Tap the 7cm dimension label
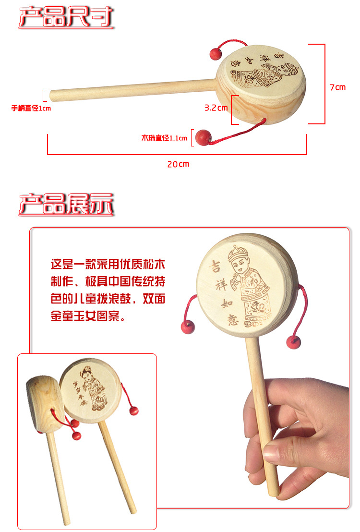pos(337,87)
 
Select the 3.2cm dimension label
pos(216,108)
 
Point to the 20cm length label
pos(178,164)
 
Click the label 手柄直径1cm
pos(31,109)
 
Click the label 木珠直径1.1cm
pos(164,138)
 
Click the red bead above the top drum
pos(215,54)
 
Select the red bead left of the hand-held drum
pos(187,328)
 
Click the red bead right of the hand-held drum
pos(293,342)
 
